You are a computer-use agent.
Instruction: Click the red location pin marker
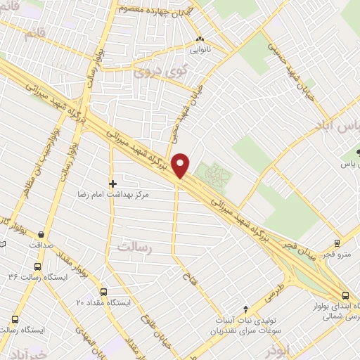(181, 165)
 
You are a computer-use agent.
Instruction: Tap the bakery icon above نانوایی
(200, 39)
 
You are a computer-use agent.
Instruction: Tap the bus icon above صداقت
(42, 235)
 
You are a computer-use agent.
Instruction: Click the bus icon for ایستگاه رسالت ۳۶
(37, 267)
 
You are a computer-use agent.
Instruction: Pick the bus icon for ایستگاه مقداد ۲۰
(104, 292)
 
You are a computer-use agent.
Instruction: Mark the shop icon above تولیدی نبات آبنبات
(245, 309)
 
